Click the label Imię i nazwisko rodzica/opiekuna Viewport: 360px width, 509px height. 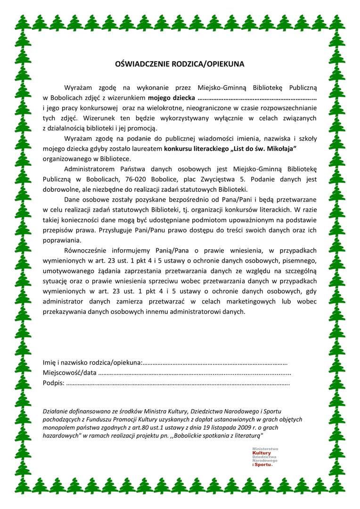pos(92,362)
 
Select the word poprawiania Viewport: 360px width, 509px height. pos(61,240)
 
